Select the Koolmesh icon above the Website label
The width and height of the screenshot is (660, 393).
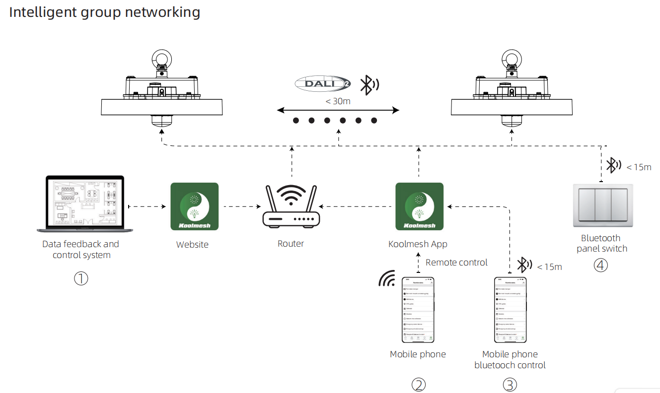pos(194,206)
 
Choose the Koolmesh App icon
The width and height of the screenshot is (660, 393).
pos(419,206)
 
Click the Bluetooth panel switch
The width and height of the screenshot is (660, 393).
pos(603,205)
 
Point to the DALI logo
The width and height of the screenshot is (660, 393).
pos(322,83)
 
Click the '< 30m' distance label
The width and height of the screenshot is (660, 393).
pos(338,101)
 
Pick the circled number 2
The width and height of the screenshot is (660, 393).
pos(418,385)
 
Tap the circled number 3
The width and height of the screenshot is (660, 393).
pos(510,385)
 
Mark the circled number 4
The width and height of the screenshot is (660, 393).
pos(601,265)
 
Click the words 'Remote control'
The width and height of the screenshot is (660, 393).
pos(456,262)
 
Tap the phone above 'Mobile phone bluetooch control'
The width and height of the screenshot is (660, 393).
pos(510,310)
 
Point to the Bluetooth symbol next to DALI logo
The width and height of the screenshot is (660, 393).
pos(368,84)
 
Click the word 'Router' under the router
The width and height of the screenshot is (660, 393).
pos(291,244)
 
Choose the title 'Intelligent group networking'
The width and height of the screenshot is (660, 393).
pos(105,12)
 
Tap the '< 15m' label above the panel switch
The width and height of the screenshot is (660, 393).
pos(639,167)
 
